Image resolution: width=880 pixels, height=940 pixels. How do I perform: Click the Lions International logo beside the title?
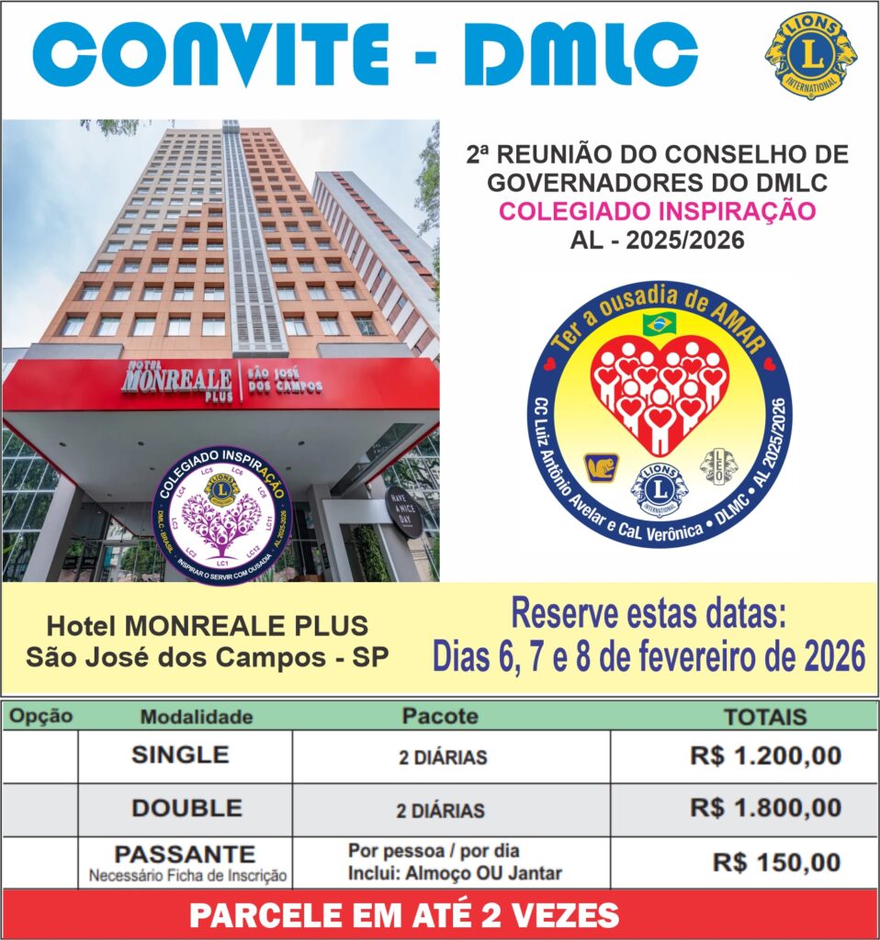(810, 55)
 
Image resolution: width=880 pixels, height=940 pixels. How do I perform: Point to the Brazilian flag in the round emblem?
(660, 322)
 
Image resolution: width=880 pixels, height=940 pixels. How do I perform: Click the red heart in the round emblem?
(660, 390)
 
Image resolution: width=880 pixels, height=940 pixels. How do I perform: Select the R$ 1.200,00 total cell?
(765, 756)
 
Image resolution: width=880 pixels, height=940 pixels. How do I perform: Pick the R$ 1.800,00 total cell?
(765, 809)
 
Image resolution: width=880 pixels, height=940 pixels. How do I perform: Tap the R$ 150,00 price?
(777, 863)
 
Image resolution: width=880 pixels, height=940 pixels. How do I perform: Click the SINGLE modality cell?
(180, 755)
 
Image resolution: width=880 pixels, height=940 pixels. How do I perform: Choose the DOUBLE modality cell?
(186, 809)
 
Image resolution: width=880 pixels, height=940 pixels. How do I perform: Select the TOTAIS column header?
(764, 717)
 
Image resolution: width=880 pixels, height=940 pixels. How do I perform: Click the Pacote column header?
(440, 716)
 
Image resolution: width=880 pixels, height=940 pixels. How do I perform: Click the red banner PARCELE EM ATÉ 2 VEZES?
(404, 915)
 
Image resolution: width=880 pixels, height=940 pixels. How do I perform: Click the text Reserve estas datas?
(649, 613)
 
